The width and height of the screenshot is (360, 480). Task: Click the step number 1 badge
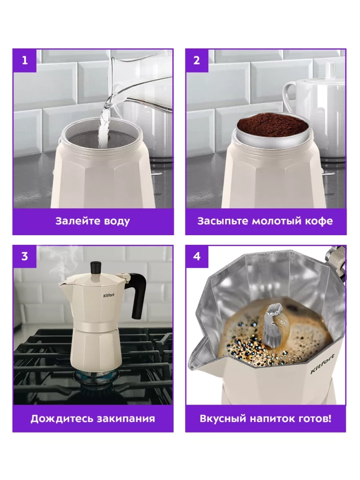pyautogui.click(x=24, y=60)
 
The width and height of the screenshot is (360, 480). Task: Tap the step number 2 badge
pyautogui.click(x=197, y=60)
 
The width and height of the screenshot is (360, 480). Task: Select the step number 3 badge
pyautogui.click(x=24, y=256)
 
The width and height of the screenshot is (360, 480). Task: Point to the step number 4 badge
pyautogui.click(x=197, y=256)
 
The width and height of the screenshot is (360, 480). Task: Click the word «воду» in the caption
pyautogui.click(x=117, y=221)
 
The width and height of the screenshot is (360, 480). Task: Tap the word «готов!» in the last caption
pyautogui.click(x=314, y=419)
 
